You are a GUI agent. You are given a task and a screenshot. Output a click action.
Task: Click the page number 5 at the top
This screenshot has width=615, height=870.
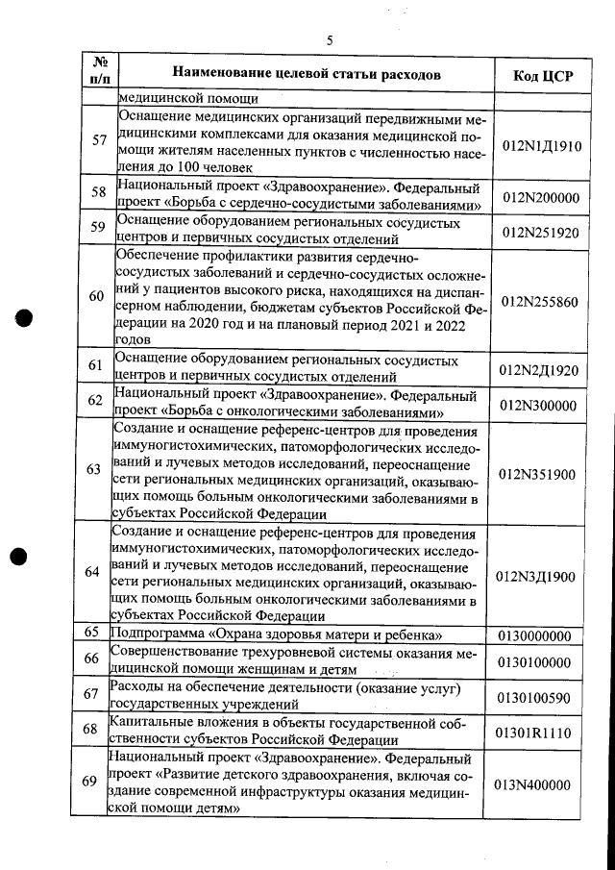(329, 40)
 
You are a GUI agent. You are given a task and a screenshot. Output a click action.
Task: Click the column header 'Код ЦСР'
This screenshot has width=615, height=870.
(538, 76)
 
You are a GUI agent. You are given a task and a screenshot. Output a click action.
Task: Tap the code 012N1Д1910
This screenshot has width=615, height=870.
(539, 144)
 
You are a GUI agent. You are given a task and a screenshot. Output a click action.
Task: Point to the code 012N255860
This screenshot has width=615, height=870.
(539, 301)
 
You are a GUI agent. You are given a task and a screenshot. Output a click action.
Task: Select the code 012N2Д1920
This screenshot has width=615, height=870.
(539, 370)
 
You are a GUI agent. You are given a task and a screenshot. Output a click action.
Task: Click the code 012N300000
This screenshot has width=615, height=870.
(539, 405)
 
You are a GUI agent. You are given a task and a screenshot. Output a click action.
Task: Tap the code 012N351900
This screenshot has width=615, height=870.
(539, 474)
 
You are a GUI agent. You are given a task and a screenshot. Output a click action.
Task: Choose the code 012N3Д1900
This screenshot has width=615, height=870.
(539, 577)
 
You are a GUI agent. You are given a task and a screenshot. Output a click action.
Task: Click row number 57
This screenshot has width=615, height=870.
(99, 140)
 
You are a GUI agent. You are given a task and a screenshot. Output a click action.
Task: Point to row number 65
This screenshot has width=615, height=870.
(93, 633)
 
